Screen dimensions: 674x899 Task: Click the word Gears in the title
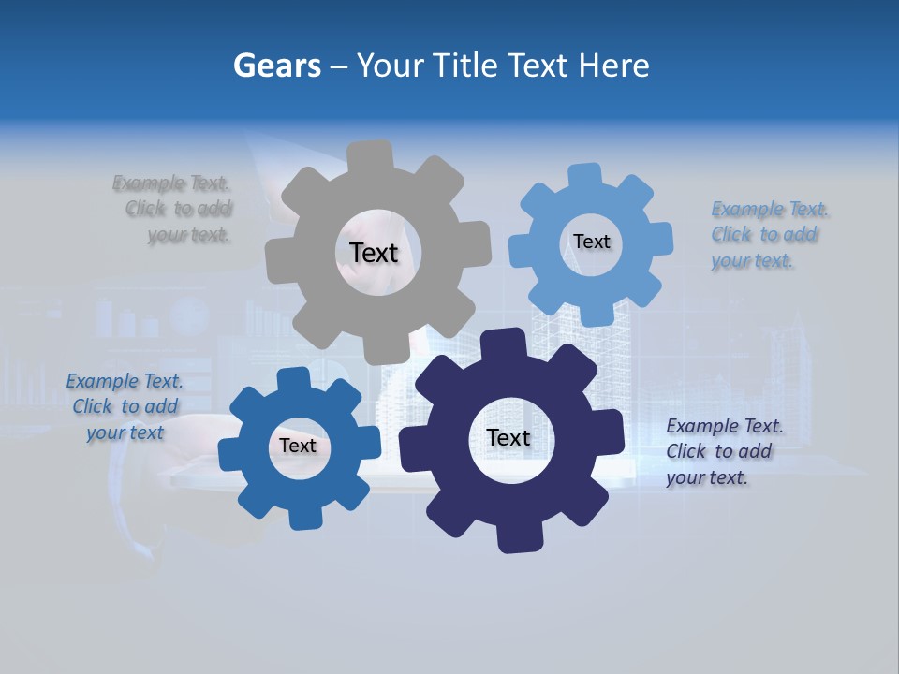tap(276, 66)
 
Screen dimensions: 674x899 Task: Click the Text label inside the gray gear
tap(374, 253)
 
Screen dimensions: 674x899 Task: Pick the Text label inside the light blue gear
tap(591, 242)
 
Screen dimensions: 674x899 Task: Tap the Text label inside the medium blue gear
tap(298, 446)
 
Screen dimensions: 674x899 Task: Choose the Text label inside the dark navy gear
tap(508, 437)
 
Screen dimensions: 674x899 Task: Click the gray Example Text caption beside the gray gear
tap(175, 209)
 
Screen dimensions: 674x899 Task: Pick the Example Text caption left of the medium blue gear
tap(125, 406)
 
